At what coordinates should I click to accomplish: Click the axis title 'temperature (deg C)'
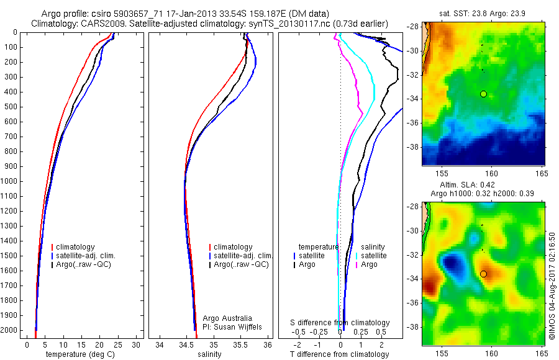pos(78,354)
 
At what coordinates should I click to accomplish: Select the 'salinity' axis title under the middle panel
pos(208,354)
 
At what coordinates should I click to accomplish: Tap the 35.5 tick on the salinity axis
pos(240,344)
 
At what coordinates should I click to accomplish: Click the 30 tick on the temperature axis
pos(137,344)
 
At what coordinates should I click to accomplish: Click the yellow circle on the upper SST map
pos(483,94)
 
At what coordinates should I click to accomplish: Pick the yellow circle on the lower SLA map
pos(483,274)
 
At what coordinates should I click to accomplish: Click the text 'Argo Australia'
pos(228,318)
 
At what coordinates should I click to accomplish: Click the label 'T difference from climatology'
pos(339,354)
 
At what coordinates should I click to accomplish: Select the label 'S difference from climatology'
pos(340,323)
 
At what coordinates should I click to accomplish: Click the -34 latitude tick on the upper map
pos(413,99)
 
